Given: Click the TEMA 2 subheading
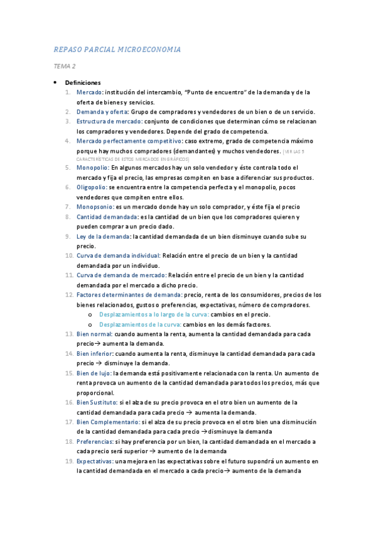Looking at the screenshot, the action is (x=64, y=66).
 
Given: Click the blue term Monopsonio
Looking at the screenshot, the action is (x=94, y=207).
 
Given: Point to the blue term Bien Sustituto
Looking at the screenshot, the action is (x=97, y=402).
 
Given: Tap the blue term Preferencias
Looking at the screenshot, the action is (x=94, y=442).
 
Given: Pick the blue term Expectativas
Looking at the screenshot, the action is (x=94, y=461).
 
